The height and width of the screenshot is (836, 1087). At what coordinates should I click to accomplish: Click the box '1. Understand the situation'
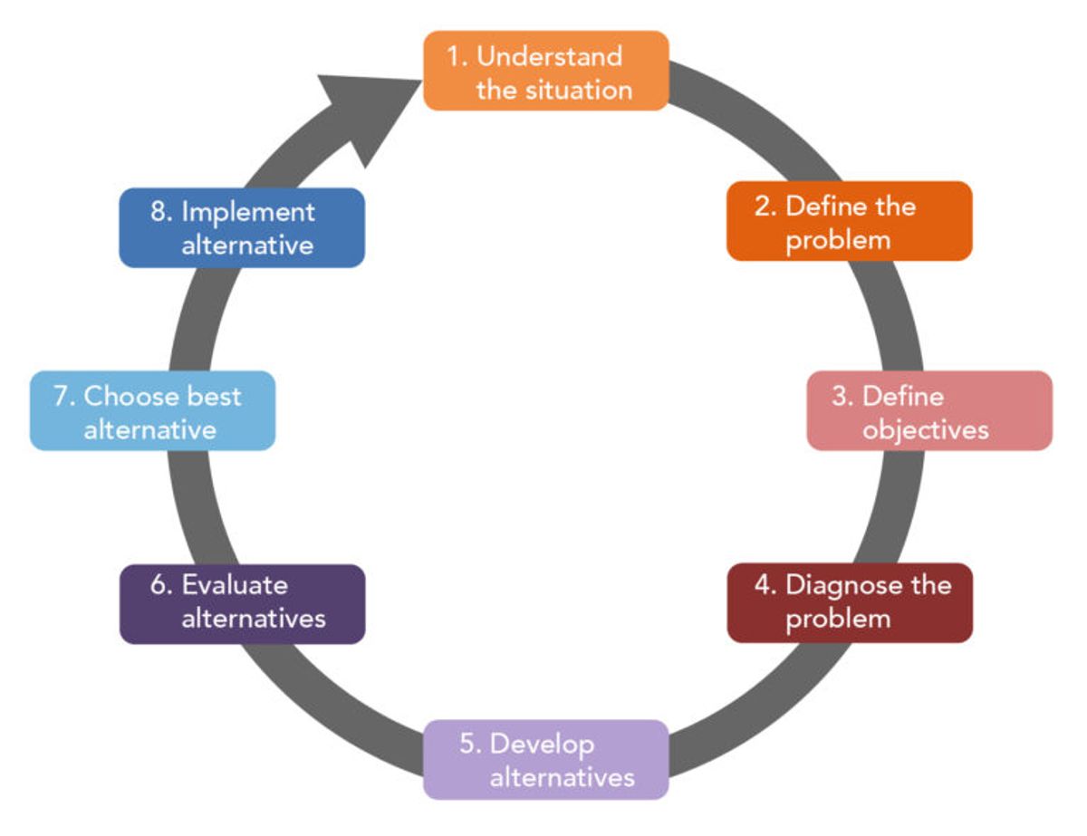(546, 71)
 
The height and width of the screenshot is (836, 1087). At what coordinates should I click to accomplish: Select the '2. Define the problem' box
(849, 221)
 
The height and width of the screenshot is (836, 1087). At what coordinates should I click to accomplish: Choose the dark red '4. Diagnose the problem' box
(850, 602)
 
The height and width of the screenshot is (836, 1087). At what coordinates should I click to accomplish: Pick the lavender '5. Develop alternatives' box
(546, 759)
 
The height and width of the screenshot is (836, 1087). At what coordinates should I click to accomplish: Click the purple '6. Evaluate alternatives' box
(242, 603)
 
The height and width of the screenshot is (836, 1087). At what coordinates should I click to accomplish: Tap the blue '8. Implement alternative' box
(242, 227)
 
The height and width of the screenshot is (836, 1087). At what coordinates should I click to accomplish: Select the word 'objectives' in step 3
(925, 429)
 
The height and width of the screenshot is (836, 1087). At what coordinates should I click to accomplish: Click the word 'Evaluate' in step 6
(235, 585)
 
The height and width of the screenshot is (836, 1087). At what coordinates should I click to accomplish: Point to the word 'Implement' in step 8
(248, 211)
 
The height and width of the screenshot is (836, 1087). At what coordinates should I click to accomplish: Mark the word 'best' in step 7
(215, 396)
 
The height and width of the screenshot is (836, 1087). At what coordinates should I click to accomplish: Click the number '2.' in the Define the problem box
(766, 207)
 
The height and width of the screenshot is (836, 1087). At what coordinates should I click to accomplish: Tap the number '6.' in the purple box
(161, 585)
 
